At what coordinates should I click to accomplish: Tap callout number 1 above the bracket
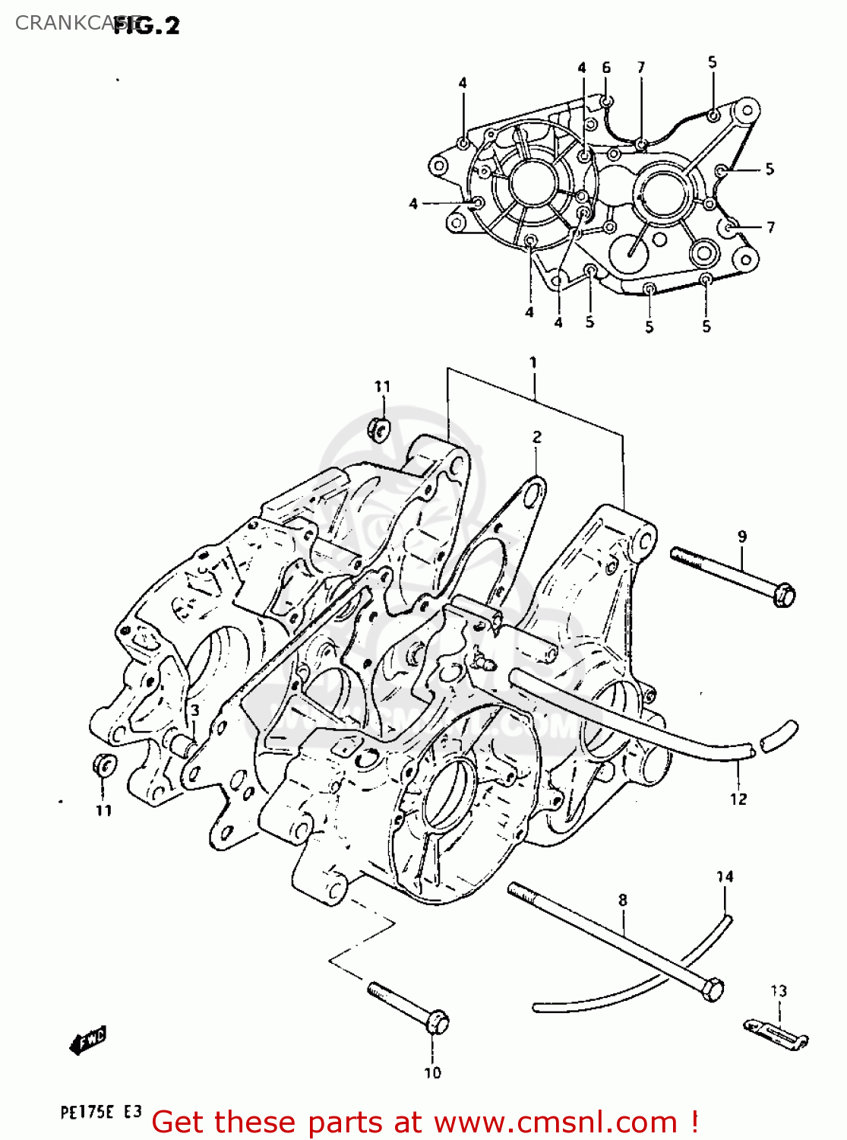click(x=533, y=363)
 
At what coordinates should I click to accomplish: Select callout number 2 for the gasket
click(x=537, y=437)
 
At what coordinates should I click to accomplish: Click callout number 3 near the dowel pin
click(x=194, y=711)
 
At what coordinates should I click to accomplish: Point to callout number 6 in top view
click(x=606, y=68)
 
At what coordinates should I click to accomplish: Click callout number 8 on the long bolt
click(x=623, y=900)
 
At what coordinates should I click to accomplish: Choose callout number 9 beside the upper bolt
click(x=742, y=537)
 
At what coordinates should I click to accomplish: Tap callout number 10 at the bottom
click(x=432, y=1073)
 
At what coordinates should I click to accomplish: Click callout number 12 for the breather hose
click(x=738, y=799)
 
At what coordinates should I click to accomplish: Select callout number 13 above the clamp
click(x=779, y=991)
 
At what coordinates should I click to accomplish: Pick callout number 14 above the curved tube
click(x=725, y=877)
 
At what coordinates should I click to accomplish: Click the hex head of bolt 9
click(x=784, y=594)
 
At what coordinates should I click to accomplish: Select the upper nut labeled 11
click(x=378, y=429)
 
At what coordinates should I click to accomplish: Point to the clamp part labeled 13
click(x=775, y=1034)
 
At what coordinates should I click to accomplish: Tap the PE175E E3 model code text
click(x=100, y=1113)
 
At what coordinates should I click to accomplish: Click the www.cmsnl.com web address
click(x=556, y=1122)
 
